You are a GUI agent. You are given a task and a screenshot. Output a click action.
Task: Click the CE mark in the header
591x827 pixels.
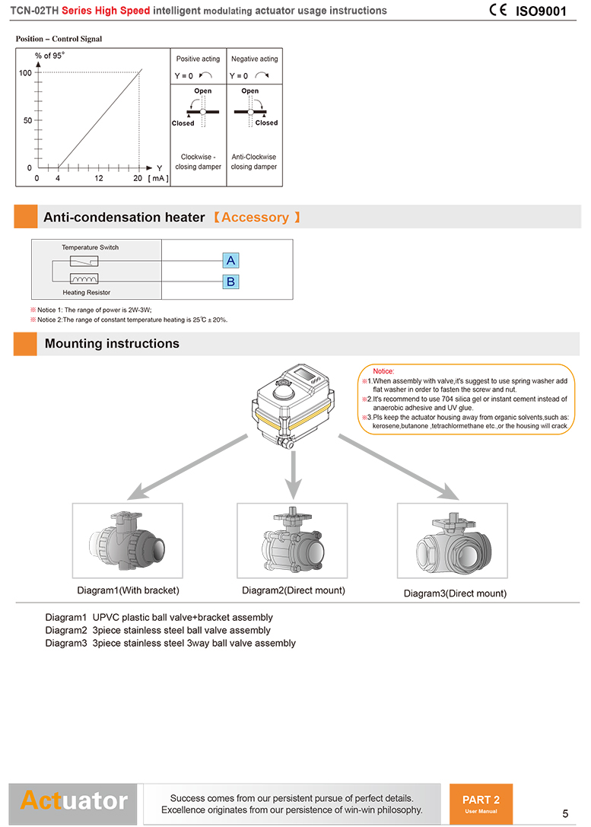click(x=498, y=11)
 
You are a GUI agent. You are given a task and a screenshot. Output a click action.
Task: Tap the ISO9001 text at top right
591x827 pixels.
click(x=541, y=11)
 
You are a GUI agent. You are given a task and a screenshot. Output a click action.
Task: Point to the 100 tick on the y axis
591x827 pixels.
click(x=25, y=73)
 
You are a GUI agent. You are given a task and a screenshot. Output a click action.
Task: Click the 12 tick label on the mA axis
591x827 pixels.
click(x=99, y=178)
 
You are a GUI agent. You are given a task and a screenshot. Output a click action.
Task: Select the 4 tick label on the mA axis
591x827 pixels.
click(x=58, y=178)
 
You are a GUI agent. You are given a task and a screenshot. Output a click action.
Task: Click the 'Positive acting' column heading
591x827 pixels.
click(x=198, y=59)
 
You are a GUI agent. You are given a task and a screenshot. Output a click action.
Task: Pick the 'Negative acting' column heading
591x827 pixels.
click(x=254, y=59)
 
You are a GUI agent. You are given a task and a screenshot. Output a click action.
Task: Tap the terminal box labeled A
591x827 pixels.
click(x=230, y=261)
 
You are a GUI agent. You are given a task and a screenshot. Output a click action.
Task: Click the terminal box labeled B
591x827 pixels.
click(x=230, y=282)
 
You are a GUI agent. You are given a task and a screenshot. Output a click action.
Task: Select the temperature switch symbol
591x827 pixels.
click(x=83, y=261)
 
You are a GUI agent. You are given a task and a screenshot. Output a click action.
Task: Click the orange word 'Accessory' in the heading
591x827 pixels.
click(x=255, y=218)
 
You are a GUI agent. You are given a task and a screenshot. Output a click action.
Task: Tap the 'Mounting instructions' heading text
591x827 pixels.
click(x=112, y=344)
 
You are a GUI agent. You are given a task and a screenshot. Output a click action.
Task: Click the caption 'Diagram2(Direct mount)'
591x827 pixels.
click(x=293, y=590)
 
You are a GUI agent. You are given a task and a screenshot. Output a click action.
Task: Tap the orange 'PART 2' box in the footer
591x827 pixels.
click(x=481, y=803)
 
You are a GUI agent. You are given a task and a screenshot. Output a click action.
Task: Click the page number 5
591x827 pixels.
click(x=565, y=813)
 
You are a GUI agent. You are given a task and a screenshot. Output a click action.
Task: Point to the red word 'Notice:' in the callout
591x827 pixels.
click(x=383, y=371)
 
